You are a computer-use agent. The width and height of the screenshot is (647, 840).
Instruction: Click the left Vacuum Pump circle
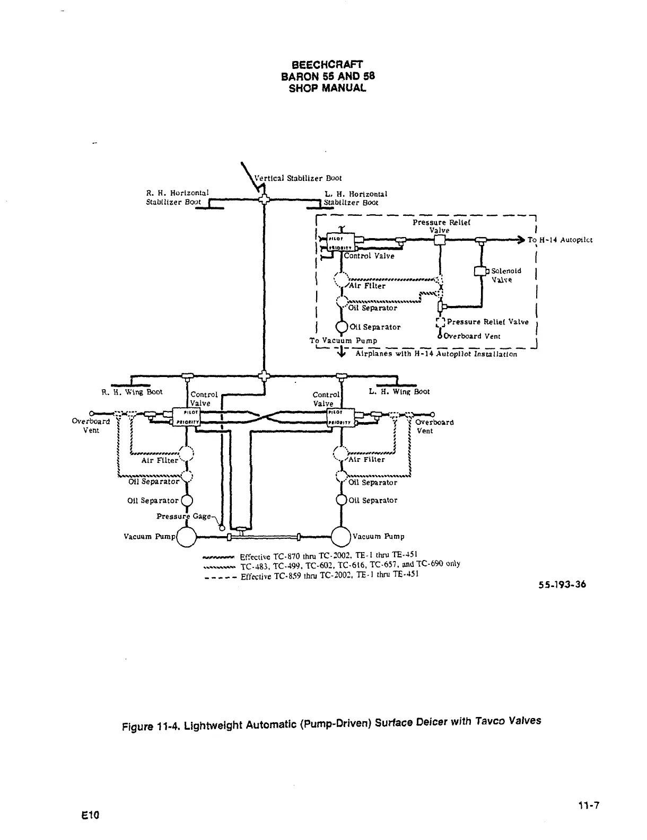186,537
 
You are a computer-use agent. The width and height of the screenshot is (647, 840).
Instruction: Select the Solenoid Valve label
506,275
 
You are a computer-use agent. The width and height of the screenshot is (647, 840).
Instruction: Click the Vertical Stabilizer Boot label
298,178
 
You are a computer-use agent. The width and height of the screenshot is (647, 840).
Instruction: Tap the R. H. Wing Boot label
132,392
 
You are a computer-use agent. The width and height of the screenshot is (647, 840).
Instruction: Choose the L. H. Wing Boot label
399,391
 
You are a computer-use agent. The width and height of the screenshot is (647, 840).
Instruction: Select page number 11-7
589,805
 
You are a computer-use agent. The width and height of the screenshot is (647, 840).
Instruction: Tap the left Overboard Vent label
91,426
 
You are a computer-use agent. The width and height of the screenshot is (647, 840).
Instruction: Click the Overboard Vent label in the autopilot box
471,336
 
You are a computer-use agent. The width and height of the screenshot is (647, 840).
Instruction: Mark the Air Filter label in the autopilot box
367,286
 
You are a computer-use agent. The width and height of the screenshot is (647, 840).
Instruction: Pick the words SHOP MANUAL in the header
327,88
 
